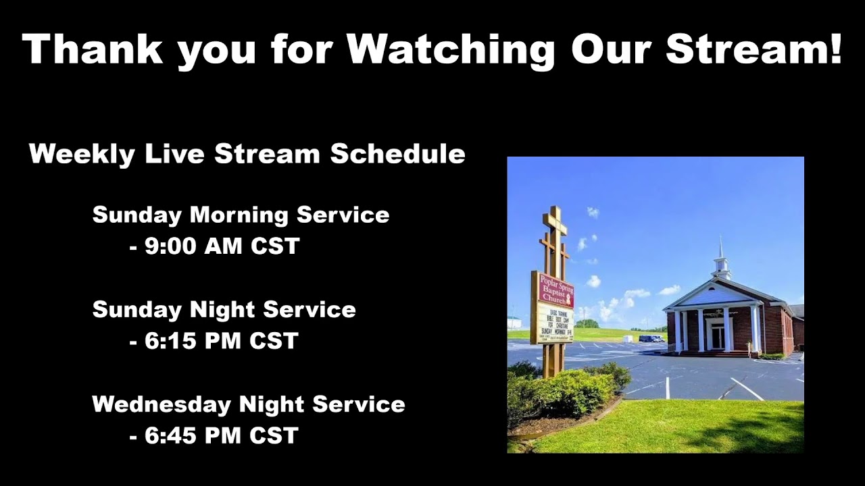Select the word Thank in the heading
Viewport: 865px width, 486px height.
click(x=92, y=49)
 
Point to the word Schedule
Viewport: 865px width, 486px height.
click(x=397, y=155)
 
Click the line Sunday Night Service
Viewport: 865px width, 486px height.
click(x=224, y=310)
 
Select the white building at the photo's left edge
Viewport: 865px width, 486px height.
click(x=514, y=323)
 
